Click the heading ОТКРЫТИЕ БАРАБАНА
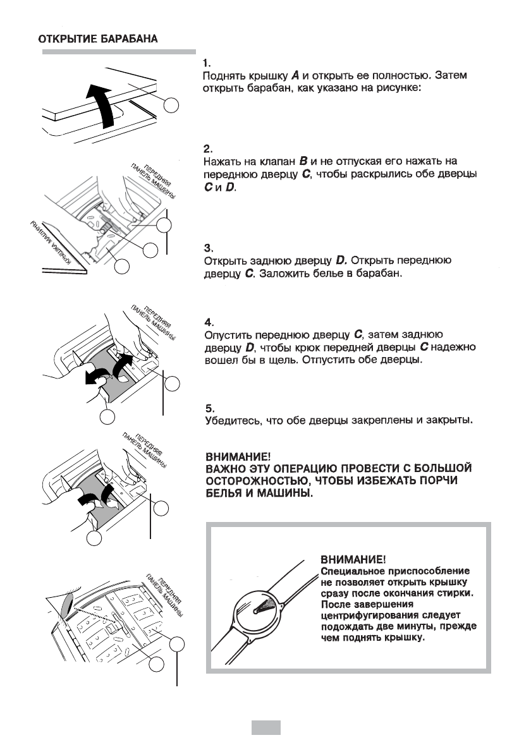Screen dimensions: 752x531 coord(99,39)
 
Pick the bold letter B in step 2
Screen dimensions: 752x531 coord(322,162)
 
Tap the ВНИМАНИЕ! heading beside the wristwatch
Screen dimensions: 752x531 coord(353,559)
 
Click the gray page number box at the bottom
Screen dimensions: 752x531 coord(265,727)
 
